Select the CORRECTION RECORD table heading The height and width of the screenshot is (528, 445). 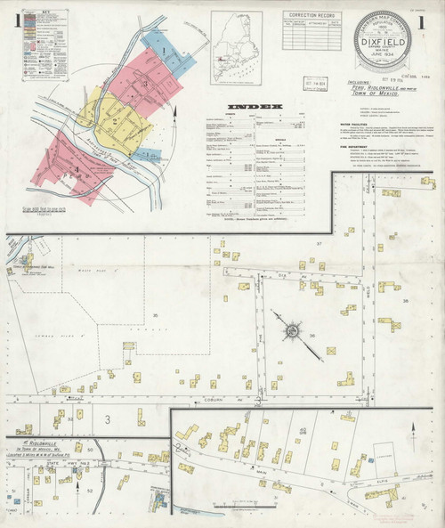coord(311,15)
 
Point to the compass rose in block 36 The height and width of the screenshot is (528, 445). coord(293,332)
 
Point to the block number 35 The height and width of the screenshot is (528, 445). coord(156,316)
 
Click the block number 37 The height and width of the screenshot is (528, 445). coord(317,243)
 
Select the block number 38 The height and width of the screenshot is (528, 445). coord(405,301)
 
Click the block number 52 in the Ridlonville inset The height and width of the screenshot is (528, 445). coord(90,491)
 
